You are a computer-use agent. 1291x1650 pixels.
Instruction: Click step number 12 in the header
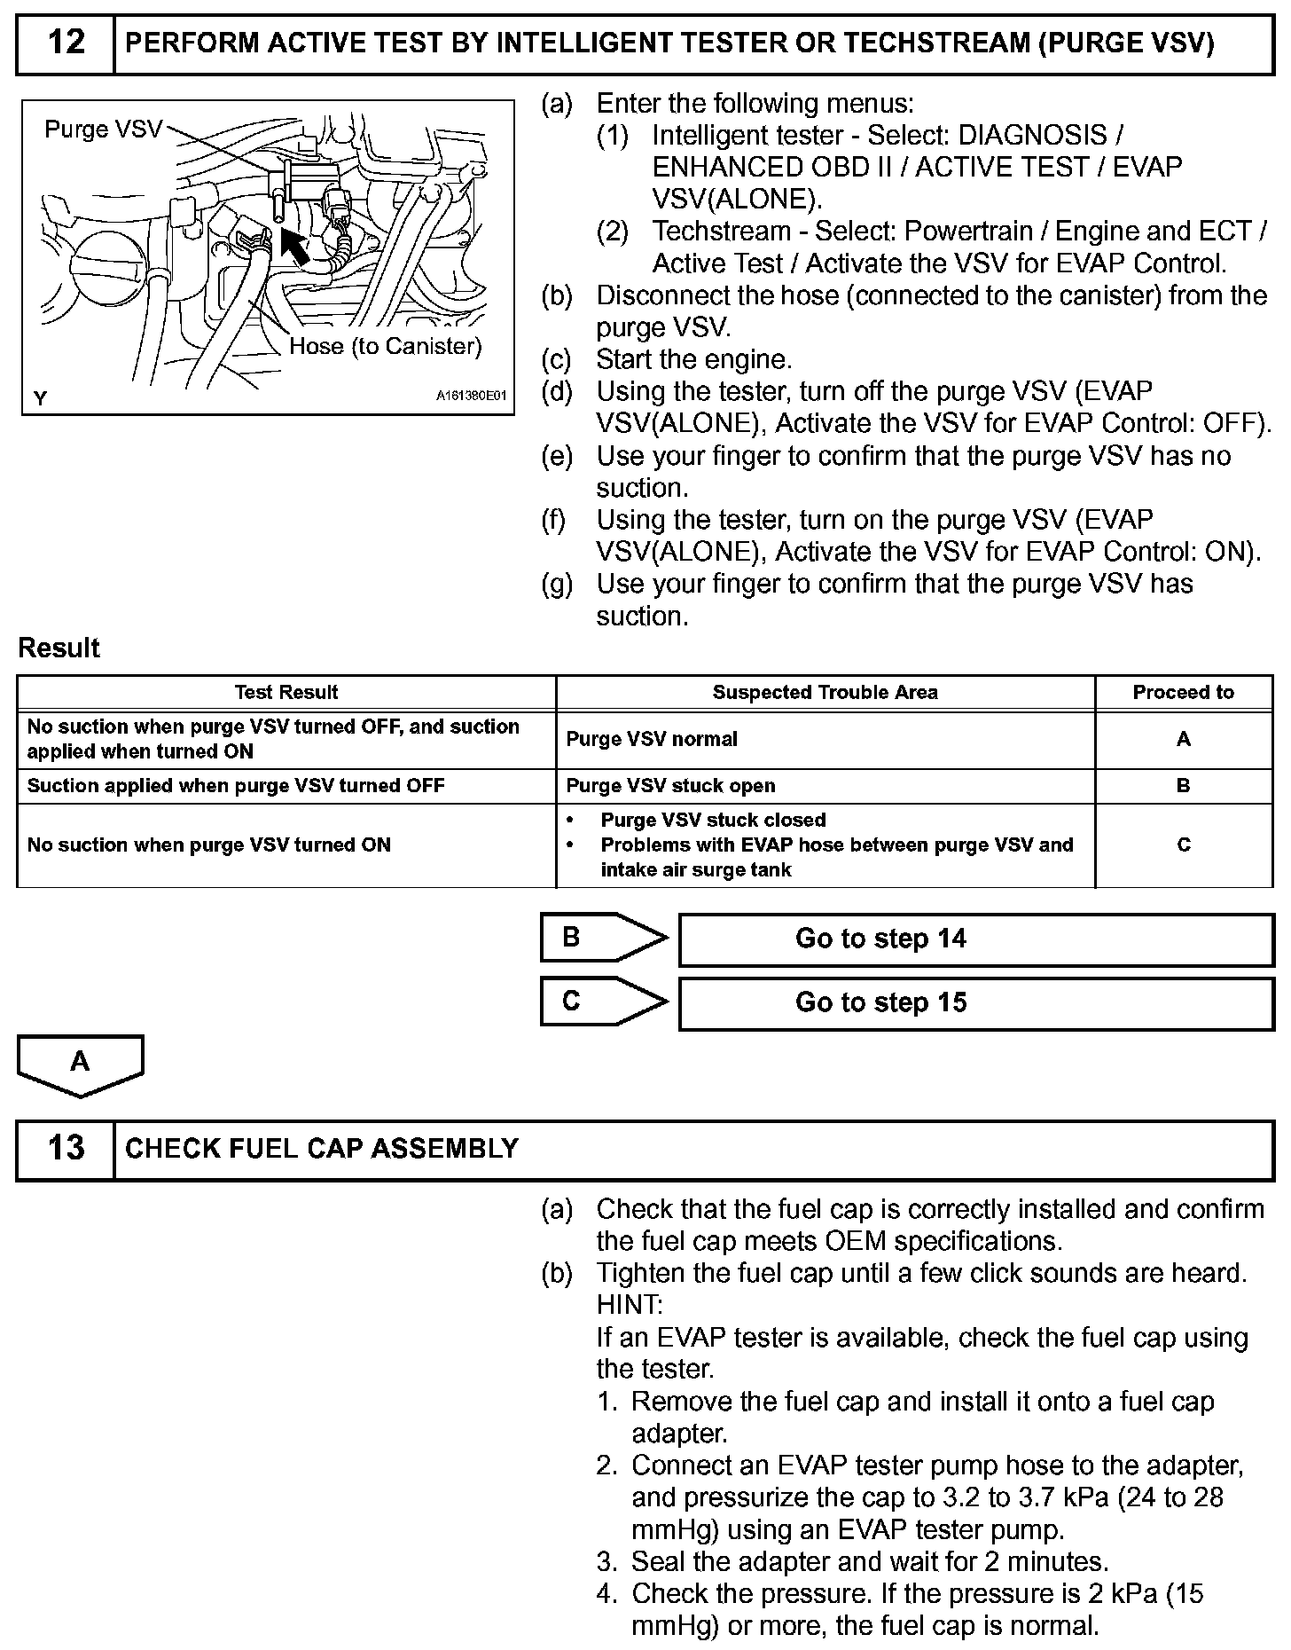66,43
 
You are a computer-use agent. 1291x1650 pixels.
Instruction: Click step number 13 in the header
66,1148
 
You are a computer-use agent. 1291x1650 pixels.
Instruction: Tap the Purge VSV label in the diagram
103,130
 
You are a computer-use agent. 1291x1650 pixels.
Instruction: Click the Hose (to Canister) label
385,346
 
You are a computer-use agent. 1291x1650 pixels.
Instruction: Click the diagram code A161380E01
470,397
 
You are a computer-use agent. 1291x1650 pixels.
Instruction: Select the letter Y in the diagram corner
40,398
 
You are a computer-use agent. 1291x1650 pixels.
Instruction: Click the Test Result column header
286,692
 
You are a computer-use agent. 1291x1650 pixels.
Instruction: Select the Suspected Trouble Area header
825,692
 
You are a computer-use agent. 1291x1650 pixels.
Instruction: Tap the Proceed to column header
1183,692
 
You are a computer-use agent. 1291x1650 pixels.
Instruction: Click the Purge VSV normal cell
652,739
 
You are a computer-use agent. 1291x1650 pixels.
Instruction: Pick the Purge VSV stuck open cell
670,786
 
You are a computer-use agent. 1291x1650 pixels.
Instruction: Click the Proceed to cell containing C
1183,845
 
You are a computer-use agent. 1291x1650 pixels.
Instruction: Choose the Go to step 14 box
975,939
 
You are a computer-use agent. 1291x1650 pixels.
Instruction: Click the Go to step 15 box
975,1002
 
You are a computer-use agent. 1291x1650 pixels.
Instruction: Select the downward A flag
80,1064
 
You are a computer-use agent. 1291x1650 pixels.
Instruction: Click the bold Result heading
59,648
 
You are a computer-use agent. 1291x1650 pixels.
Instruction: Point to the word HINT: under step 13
629,1305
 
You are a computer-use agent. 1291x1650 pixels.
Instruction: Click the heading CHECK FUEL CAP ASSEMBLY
322,1149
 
